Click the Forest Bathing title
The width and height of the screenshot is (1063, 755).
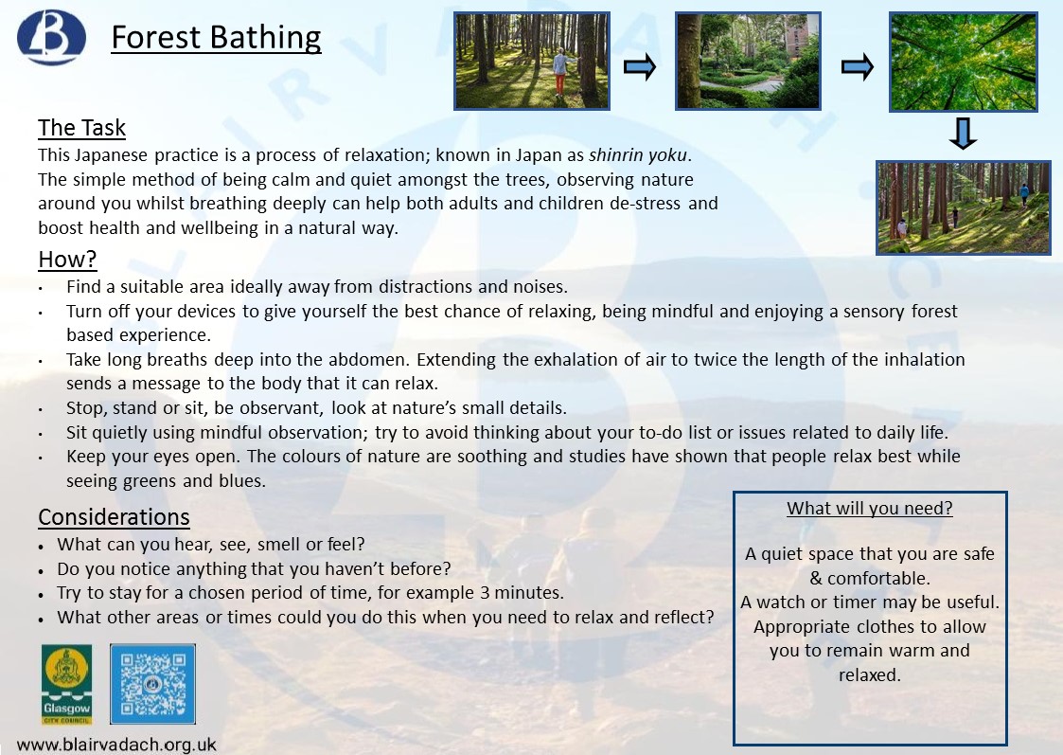point(216,38)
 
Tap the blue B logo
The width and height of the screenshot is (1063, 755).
point(51,36)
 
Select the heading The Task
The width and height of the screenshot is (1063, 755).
point(82,128)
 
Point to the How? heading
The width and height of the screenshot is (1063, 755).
point(67,260)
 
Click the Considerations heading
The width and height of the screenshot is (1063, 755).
point(114,517)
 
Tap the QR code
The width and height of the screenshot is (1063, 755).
point(152,684)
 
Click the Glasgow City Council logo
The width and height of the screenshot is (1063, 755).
point(66,684)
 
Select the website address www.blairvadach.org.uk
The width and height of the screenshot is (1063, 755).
point(116,745)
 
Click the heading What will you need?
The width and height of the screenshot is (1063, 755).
point(870,508)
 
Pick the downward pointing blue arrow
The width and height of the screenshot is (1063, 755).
point(963,134)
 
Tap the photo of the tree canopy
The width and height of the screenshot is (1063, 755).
point(964,61)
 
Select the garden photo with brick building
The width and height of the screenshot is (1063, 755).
point(748,61)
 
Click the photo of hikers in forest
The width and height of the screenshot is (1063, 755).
point(964,207)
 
